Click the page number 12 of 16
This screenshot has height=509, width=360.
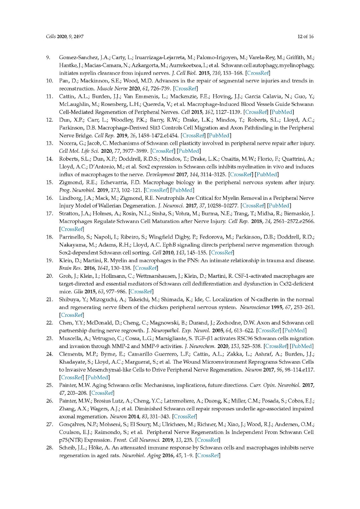coord(305,37)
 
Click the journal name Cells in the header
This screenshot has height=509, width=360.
coord(51,37)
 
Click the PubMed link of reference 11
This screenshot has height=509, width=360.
coord(282,112)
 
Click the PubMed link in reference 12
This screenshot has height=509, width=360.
coord(219,136)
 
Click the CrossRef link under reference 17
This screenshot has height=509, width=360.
coord(72,229)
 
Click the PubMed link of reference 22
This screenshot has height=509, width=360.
coord(295,331)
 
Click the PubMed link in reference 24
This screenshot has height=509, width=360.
coord(98,378)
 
